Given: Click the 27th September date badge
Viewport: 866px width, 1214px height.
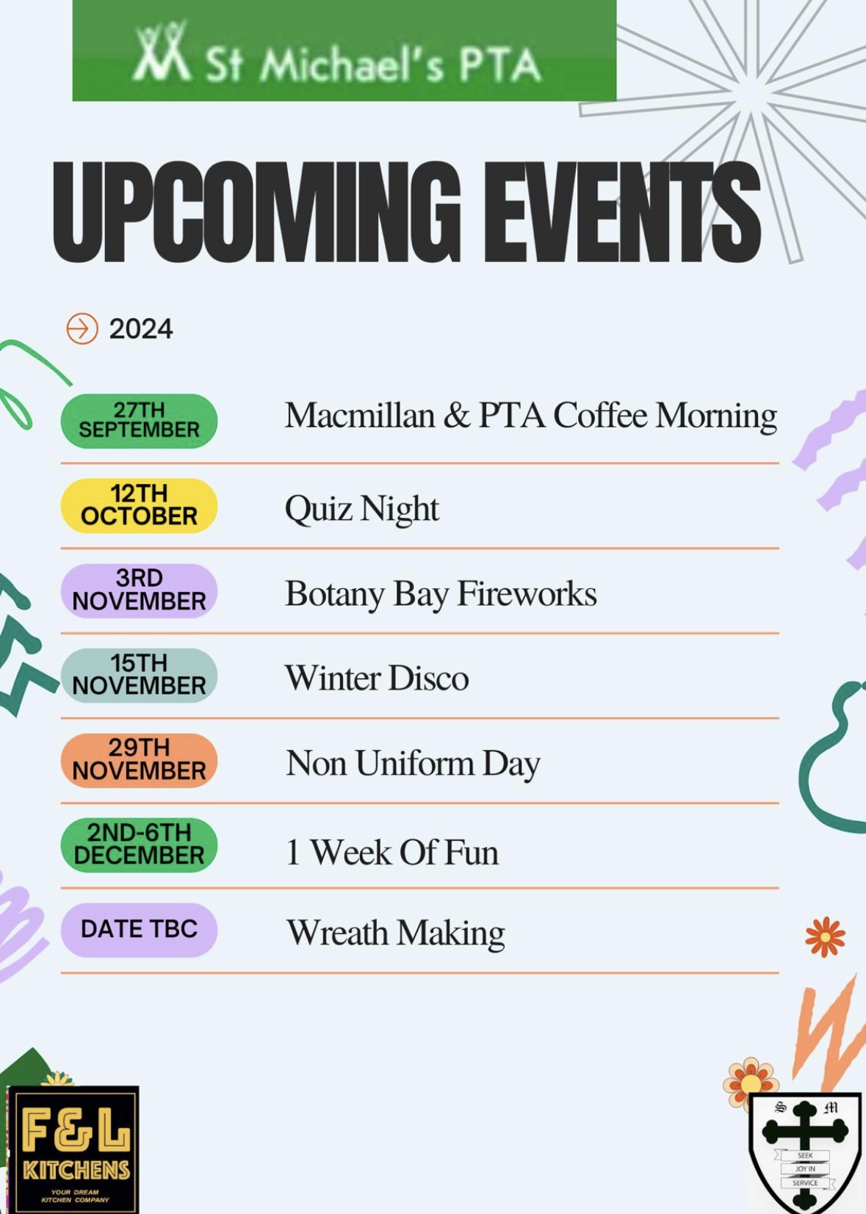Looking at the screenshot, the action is click(139, 421).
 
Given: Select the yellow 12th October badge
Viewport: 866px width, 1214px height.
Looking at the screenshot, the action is click(139, 505).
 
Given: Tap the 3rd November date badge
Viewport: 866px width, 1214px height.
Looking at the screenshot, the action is click(139, 590).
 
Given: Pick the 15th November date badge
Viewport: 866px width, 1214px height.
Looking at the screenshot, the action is click(139, 675).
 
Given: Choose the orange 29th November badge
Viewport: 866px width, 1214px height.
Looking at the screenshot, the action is click(139, 760).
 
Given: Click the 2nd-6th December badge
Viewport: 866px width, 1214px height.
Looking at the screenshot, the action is click(139, 845).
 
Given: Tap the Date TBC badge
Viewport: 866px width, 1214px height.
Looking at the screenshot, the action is click(139, 930).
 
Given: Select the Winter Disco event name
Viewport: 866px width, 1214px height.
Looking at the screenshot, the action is click(378, 678).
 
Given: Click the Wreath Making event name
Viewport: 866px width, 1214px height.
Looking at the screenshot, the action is click(396, 933).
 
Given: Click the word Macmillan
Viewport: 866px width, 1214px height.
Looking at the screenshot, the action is click(361, 416).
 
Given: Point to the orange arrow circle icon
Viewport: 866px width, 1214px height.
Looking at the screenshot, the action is click(82, 328).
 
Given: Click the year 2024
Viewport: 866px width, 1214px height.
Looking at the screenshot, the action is click(141, 329).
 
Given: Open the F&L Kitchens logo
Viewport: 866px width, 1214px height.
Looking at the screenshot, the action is click(73, 1149).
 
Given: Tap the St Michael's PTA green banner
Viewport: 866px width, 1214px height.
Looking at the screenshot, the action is click(344, 51).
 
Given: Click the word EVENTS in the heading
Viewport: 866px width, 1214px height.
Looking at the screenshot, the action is click(622, 212).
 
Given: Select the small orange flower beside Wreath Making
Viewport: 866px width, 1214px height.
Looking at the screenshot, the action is click(825, 937).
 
